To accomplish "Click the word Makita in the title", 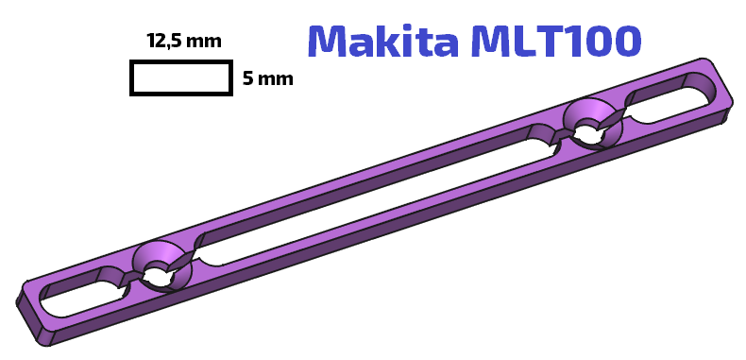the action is (383, 41).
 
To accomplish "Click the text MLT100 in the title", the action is (556, 41).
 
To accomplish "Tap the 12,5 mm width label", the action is (184, 42).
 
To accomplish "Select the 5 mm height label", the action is (267, 78).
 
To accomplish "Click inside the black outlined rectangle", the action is (180, 77).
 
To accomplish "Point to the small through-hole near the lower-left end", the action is (160, 275).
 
